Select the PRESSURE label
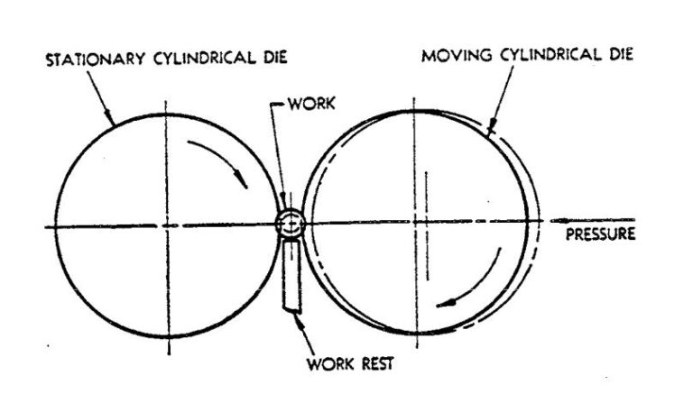(x=599, y=237)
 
